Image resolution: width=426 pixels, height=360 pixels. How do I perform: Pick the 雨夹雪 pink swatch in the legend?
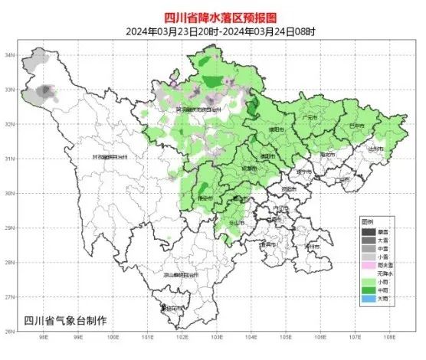coord(369,264)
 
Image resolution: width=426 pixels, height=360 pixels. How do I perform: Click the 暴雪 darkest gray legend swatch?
coord(369,231)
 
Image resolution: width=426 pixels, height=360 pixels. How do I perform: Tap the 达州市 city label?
coord(374,150)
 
